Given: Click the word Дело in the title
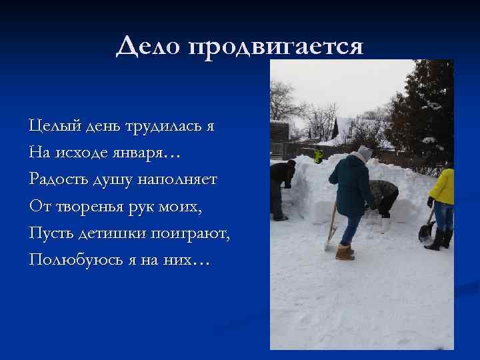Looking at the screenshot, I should (149, 47).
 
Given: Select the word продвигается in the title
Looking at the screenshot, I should (277, 47).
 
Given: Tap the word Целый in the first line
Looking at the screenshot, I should (50, 125).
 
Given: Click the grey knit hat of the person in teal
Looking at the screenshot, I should (364, 153).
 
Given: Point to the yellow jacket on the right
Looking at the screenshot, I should (443, 186).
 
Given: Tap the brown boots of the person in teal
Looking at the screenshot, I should (343, 252).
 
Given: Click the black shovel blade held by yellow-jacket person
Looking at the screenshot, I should (425, 233).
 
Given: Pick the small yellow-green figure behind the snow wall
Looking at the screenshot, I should (319, 156).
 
